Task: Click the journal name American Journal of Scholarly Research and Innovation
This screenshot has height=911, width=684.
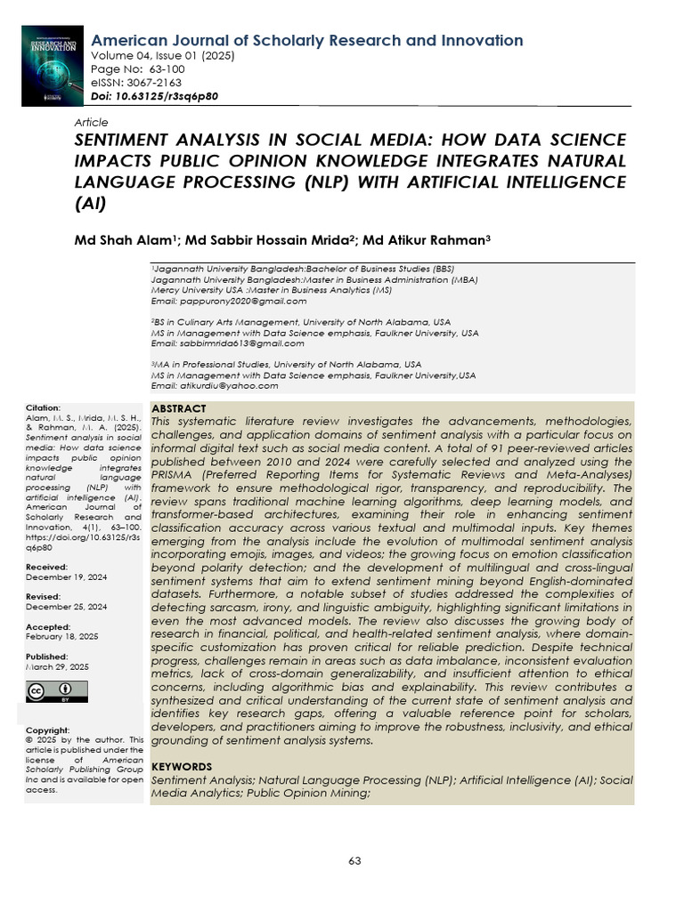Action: coord(307,41)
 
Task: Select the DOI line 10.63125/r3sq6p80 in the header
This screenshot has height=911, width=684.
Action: coord(155,96)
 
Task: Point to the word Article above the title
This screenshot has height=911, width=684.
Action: coord(91,122)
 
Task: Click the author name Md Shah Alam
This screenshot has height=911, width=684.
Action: coord(125,241)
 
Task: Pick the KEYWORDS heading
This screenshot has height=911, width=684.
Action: coord(182,766)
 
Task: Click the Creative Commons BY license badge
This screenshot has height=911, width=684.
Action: coord(57,691)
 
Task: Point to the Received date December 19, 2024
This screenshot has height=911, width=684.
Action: coord(67,577)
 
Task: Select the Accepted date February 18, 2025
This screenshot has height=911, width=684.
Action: coord(61,636)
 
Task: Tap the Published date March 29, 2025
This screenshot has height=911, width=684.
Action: coord(57,666)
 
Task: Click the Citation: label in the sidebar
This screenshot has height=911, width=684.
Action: coord(44,407)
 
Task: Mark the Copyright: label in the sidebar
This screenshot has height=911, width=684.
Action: coord(48,730)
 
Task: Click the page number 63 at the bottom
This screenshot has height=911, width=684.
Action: coord(354,860)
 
